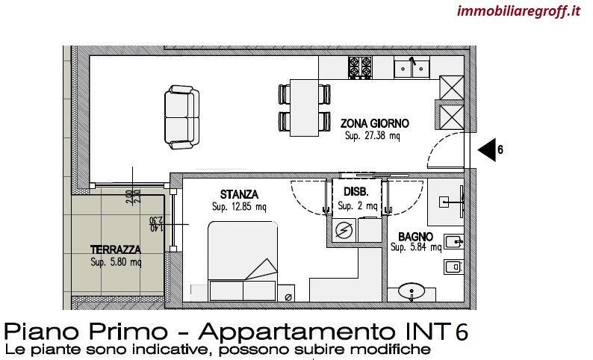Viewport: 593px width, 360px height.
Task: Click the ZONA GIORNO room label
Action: [374, 123]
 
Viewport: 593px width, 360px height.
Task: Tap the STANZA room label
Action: [239, 194]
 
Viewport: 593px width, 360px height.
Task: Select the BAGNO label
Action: [415, 237]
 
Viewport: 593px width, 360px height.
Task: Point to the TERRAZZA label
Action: [116, 249]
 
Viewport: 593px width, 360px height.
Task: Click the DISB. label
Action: [356, 192]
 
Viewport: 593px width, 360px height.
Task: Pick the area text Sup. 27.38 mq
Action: [372, 136]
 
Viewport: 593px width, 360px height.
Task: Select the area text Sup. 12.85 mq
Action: [239, 207]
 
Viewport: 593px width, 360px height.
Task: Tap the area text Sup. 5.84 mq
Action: [416, 247]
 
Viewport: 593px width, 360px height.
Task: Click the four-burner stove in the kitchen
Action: [360, 67]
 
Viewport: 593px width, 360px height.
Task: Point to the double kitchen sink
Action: [412, 67]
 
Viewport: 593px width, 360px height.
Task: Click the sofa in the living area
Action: [182, 117]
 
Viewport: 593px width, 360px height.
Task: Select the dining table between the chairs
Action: [305, 108]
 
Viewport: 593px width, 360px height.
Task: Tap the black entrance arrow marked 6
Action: [487, 149]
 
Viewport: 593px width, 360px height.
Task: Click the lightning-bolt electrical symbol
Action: [344, 230]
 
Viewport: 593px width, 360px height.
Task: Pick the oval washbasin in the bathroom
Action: [412, 291]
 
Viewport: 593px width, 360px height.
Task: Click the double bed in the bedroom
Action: [243, 261]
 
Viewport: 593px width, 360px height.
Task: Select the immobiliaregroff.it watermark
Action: [518, 11]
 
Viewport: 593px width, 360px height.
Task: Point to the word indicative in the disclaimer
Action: [163, 349]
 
